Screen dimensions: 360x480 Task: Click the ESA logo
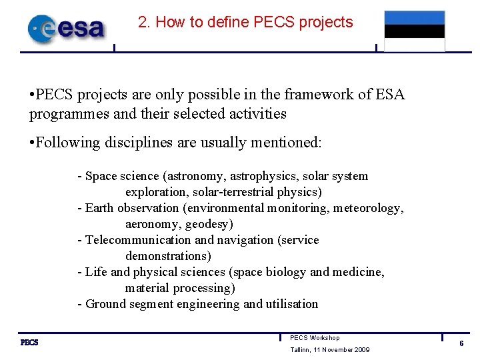[66, 28]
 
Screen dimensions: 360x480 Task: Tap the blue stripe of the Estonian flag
[414, 18]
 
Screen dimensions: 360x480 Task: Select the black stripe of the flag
[414, 31]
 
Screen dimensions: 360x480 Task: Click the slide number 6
[461, 343]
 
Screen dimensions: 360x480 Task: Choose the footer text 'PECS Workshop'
[315, 338]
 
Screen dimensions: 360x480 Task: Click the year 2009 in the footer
[361, 351]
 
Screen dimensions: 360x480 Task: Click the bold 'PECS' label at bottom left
[29, 343]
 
